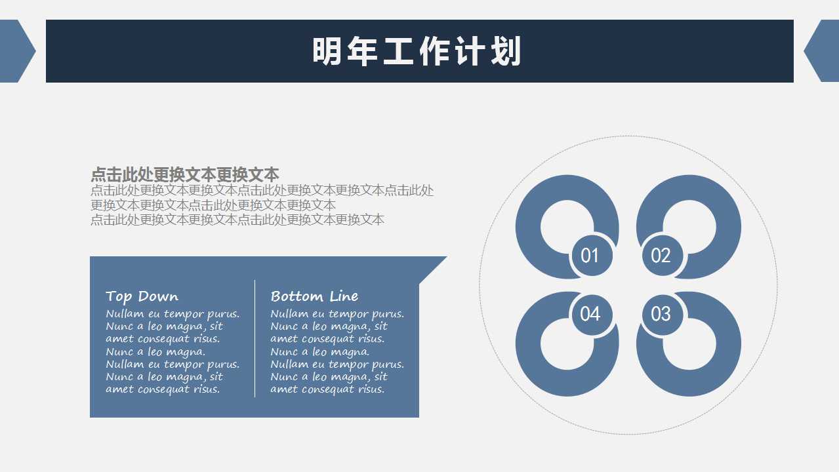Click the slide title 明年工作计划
click(x=417, y=52)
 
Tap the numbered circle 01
click(x=590, y=255)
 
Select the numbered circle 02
click(x=661, y=255)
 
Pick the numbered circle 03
click(x=661, y=314)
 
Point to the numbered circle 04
click(x=590, y=314)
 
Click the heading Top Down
click(x=142, y=296)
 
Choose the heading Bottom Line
click(x=314, y=296)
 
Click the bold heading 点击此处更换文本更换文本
click(x=185, y=174)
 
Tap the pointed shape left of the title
click(x=16, y=51)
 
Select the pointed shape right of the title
click(x=824, y=51)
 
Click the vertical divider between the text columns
click(x=255, y=338)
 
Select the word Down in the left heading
click(x=158, y=296)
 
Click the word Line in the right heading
click(x=344, y=296)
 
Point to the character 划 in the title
click(x=506, y=52)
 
